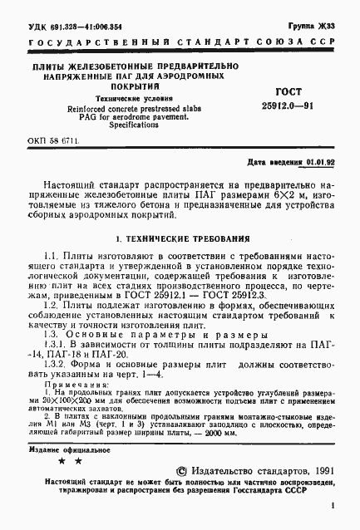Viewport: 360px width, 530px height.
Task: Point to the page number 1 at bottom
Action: [333, 504]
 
